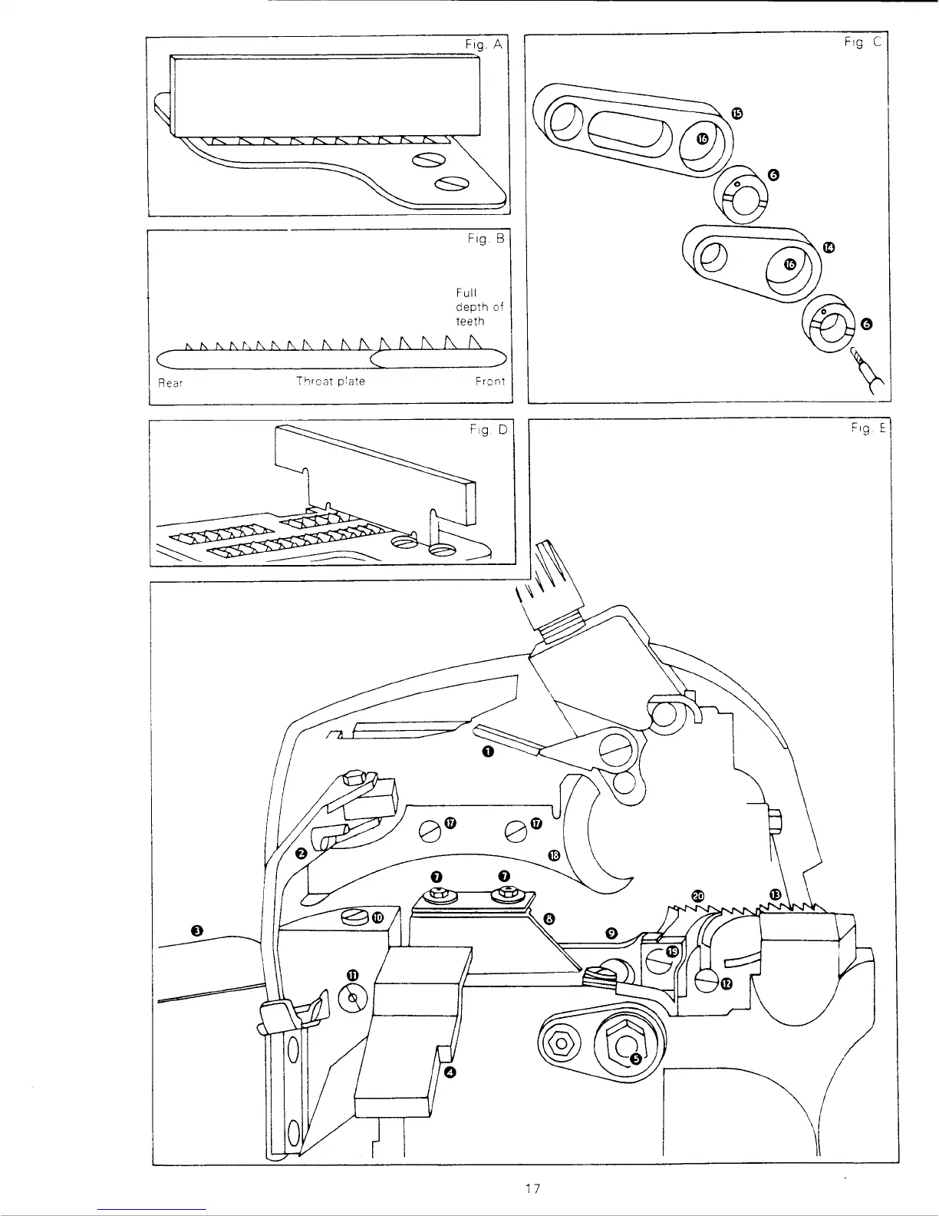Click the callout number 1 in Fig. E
[x=487, y=752]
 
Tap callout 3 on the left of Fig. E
[x=197, y=930]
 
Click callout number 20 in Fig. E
[x=697, y=895]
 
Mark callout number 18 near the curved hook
[x=555, y=855]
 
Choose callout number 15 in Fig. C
[x=736, y=114]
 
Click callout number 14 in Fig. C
[x=829, y=247]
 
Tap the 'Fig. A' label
[x=483, y=45]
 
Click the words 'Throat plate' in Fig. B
[x=331, y=382]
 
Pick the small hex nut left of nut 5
[x=562, y=1043]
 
